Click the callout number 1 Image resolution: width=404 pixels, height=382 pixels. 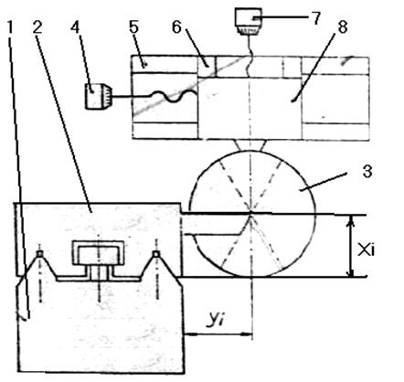pos(10,27)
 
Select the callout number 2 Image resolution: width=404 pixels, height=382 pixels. pos(37,27)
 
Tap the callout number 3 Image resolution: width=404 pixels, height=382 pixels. pos(367,172)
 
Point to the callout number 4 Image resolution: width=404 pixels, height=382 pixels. pos(75,27)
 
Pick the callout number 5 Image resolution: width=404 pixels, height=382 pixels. pos(133,27)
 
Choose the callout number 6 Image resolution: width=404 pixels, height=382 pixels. pos(176,27)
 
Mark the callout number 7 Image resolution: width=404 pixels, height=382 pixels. pos(316,18)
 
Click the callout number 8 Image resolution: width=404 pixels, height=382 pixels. pos(342,27)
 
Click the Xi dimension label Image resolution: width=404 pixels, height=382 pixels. pos(366,250)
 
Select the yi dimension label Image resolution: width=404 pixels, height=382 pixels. pos(215,318)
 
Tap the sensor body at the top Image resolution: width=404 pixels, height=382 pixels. pos(249,21)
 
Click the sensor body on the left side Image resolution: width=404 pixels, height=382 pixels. pos(98,96)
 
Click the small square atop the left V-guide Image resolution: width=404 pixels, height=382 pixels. pos(39,253)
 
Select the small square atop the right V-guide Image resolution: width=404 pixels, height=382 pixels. pos(156,253)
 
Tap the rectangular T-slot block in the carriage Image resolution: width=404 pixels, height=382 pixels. pos(98,253)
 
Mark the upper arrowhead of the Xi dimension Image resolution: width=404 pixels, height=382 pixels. pos(351,221)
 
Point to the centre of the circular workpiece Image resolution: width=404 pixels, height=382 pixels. pos(251,214)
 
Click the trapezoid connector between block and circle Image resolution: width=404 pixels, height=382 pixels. pos(251,144)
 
